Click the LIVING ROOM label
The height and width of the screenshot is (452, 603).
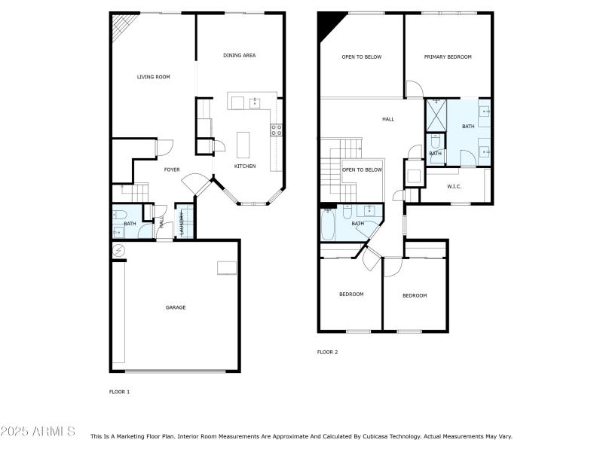click(153, 77)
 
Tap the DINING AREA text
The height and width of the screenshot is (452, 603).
click(239, 55)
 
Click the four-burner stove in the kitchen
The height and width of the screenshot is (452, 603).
click(277, 130)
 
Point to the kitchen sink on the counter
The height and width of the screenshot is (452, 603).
click(255, 102)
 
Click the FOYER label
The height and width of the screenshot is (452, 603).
click(172, 169)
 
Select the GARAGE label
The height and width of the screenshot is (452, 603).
click(176, 307)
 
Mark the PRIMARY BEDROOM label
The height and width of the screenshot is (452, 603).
click(448, 57)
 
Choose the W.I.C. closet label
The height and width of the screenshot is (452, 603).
click(454, 186)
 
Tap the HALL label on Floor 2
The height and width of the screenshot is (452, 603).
click(388, 119)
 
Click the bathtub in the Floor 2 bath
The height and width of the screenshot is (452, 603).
click(329, 224)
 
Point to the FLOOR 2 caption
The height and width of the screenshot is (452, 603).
click(327, 352)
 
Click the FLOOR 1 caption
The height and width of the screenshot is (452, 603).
click(120, 392)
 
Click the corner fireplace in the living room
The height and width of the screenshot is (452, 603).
click(121, 28)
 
